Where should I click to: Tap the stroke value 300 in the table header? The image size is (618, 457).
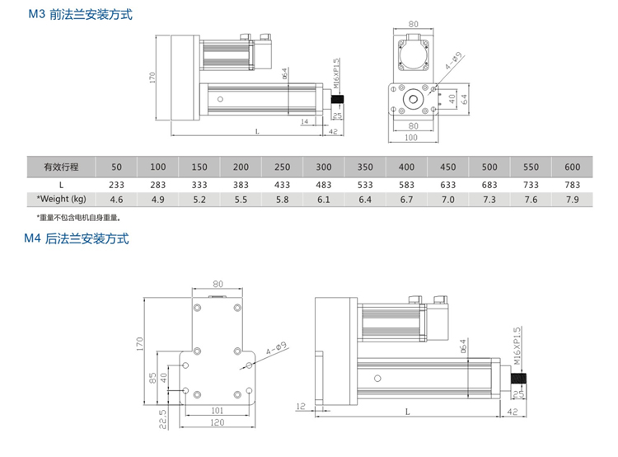[x=324, y=166]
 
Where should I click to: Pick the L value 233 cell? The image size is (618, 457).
[x=116, y=184]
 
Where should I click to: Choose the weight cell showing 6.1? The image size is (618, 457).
[x=324, y=200]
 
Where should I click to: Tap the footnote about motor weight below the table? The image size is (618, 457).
[x=78, y=218]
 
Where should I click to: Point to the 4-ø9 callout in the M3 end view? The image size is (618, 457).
[x=450, y=63]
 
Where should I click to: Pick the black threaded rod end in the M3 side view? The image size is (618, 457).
[x=337, y=99]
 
